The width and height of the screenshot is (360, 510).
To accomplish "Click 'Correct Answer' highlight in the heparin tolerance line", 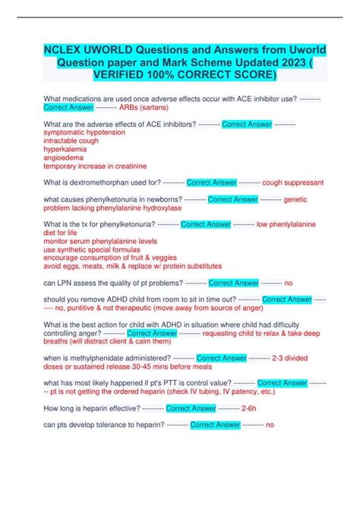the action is [x=213, y=425].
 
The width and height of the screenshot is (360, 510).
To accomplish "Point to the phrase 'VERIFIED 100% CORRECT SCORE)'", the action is [x=180, y=77].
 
